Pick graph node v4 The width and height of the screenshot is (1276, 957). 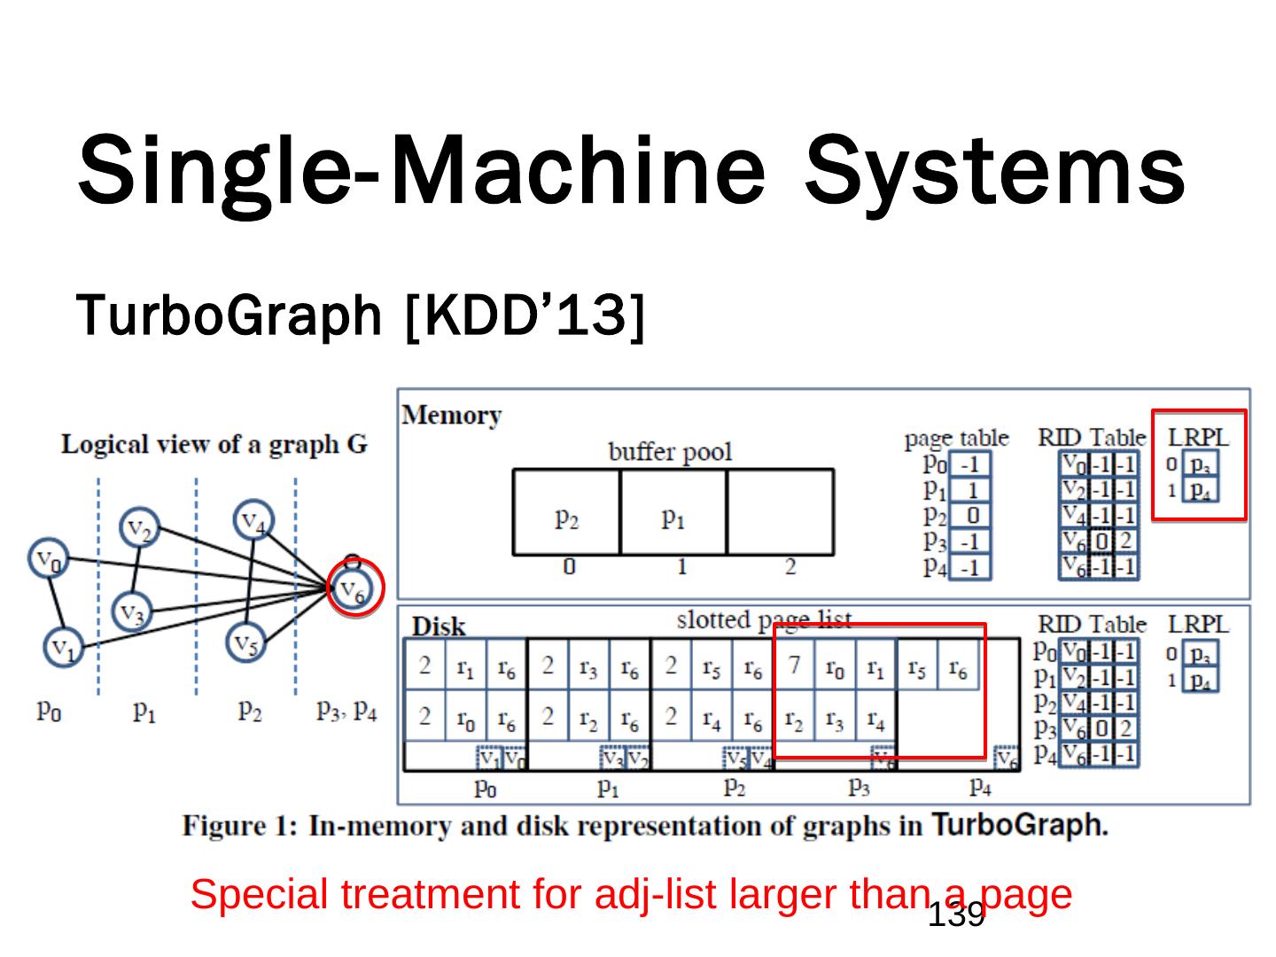[254, 520]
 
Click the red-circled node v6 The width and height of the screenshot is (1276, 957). [354, 587]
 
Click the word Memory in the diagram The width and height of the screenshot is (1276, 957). [452, 416]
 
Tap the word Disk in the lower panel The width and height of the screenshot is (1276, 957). [439, 626]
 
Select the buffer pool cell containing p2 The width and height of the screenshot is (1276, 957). [566, 513]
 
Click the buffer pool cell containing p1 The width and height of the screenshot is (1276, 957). [673, 513]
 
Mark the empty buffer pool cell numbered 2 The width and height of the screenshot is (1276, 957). [781, 513]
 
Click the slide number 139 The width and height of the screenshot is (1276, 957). [956, 914]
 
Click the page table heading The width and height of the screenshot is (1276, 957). [956, 438]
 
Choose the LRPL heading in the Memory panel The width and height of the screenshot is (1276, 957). [1198, 437]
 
